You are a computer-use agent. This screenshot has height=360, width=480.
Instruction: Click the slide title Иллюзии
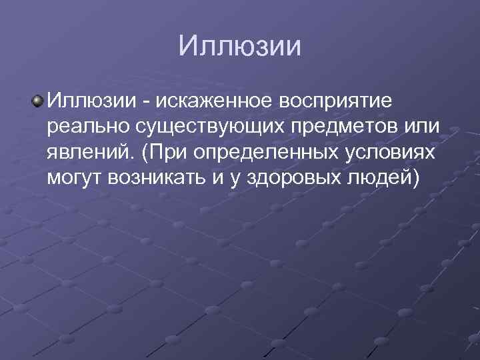[x=240, y=47]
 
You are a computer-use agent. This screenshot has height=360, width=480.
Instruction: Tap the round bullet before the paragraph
[x=38, y=101]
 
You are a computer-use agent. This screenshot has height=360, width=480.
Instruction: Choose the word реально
[x=83, y=127]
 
